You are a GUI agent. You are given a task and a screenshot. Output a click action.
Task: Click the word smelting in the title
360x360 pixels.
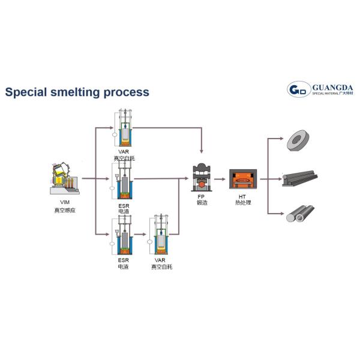[x=74, y=92]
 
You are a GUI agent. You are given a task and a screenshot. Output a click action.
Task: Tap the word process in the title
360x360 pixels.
[x=125, y=92]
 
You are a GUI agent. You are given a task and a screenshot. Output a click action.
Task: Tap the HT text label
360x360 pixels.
[x=243, y=196]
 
